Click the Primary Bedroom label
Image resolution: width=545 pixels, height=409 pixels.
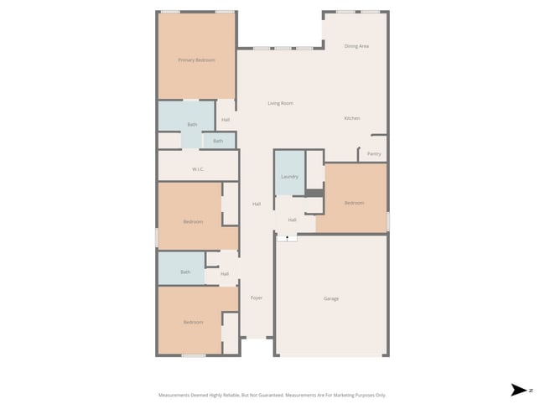pyautogui.click(x=196, y=60)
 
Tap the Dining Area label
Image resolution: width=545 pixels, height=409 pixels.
pyautogui.click(x=356, y=46)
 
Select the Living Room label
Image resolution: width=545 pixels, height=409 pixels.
pyautogui.click(x=280, y=103)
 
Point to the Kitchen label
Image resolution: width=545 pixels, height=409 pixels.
pyautogui.click(x=352, y=118)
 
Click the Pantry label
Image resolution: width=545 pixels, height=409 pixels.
pyautogui.click(x=374, y=154)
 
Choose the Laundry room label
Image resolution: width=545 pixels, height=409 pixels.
pyautogui.click(x=289, y=177)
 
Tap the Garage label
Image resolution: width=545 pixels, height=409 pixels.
pyautogui.click(x=331, y=298)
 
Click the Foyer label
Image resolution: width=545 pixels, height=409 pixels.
pyautogui.click(x=257, y=298)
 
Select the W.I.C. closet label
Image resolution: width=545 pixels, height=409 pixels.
pyautogui.click(x=198, y=169)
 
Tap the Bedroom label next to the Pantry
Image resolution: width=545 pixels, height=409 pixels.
pyautogui.click(x=354, y=203)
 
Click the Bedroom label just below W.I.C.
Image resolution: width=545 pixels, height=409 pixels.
pyautogui.click(x=193, y=221)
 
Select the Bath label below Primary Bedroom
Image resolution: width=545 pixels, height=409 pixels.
pyautogui.click(x=192, y=125)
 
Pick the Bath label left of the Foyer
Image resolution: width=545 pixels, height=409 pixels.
pyautogui.click(x=185, y=272)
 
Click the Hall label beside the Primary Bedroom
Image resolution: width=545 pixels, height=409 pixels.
pyautogui.click(x=226, y=120)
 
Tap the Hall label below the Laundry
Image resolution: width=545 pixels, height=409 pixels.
pyautogui.click(x=292, y=220)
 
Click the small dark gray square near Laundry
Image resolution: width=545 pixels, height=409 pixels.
pyautogui.click(x=314, y=194)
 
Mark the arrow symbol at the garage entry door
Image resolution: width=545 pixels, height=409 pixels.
pyautogui.click(x=288, y=238)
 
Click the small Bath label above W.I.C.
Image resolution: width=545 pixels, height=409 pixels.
pyautogui.click(x=218, y=141)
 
